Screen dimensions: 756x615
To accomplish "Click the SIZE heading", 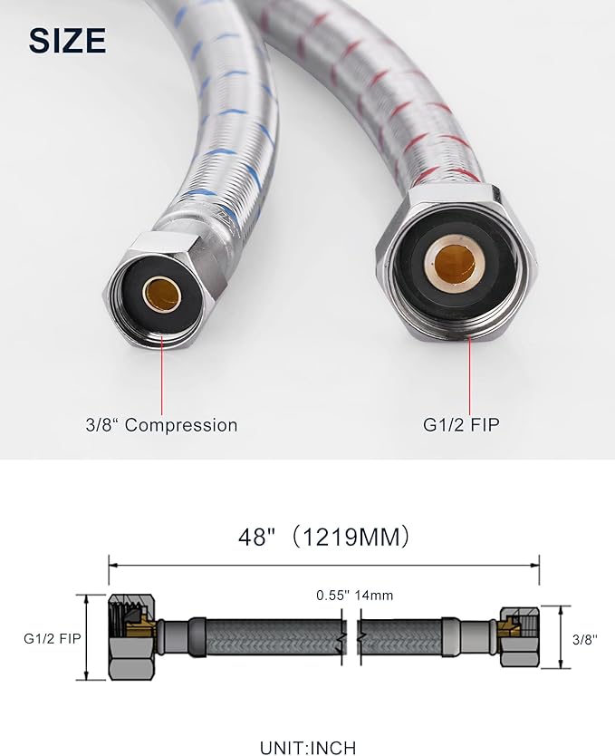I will (67, 40).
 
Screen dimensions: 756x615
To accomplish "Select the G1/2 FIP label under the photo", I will (461, 425).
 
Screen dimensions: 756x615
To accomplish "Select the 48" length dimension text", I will (256, 538).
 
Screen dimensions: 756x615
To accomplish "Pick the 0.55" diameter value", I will (333, 596).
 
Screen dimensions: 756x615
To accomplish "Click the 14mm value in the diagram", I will (375, 596).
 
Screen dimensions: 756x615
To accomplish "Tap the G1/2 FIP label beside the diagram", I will (52, 638).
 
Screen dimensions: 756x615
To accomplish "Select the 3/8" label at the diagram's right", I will (586, 638).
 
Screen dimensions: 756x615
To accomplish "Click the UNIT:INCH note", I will (308, 748).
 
